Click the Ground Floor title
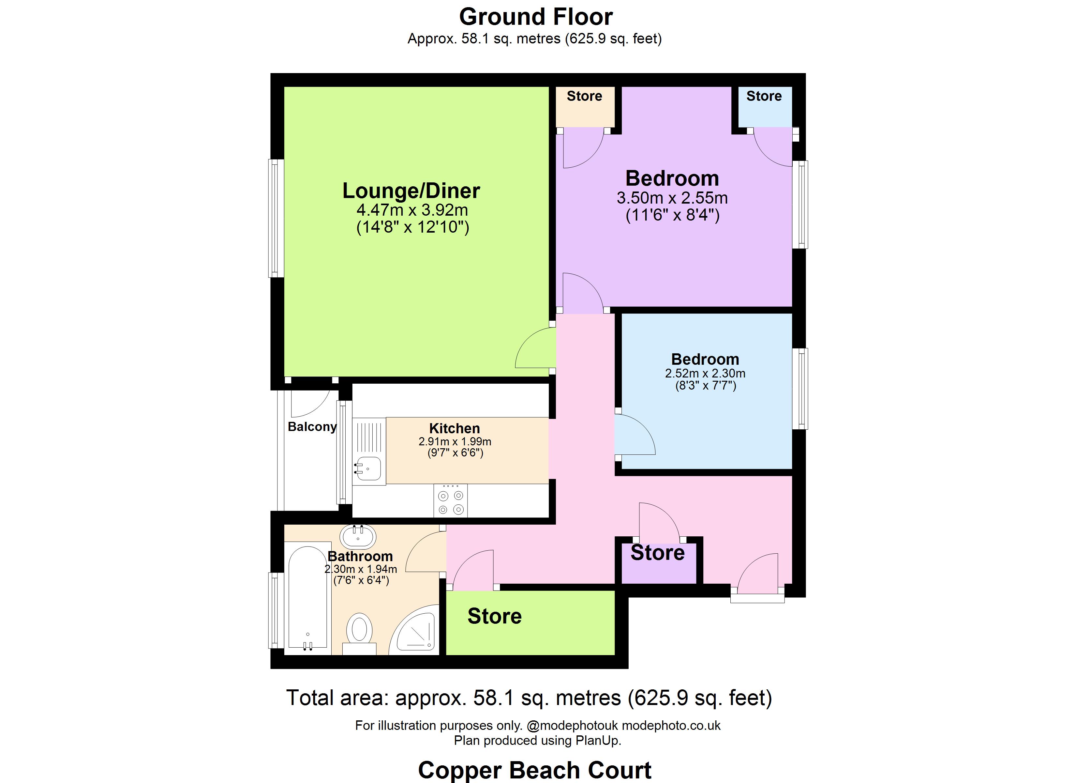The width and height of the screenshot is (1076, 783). pos(536,17)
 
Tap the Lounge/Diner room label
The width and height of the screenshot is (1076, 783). pos(411,191)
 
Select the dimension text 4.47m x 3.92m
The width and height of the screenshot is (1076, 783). pos(412,210)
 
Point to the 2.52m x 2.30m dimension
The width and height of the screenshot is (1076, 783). pos(705,373)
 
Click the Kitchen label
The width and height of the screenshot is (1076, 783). pos(455,428)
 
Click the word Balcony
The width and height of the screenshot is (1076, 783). pos(312,426)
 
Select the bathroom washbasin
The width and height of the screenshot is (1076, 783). pos(358,537)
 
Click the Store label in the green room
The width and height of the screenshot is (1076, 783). pos(494,616)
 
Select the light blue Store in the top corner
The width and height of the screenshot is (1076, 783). pos(764,105)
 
